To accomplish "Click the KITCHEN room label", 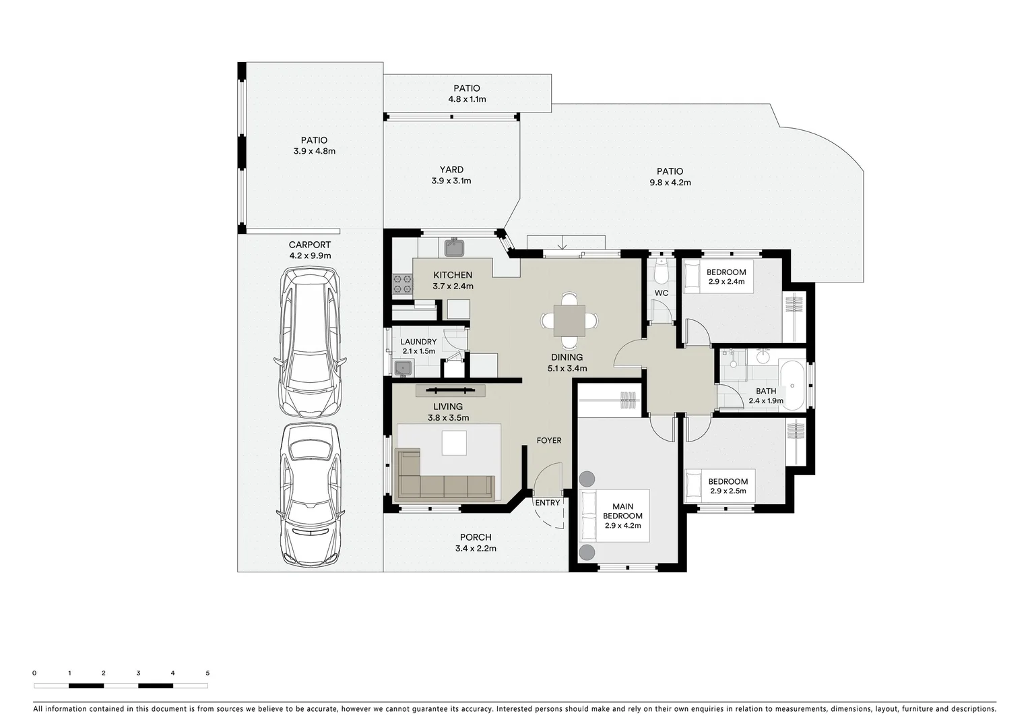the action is point(453,275).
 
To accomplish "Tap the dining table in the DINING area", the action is point(569,321).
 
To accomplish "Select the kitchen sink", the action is point(454,247).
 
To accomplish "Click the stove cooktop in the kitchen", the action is point(402,284).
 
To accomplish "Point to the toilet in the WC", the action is point(662,272).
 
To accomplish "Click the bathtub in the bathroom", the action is point(792,385).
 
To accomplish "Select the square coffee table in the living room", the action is point(454,443).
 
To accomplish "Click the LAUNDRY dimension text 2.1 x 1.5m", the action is point(418,351).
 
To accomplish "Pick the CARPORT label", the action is point(309,245).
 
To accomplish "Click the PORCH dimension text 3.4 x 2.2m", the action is point(476,549).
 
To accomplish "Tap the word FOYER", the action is point(548,440).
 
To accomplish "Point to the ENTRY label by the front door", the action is point(547,502).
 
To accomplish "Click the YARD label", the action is point(451,170).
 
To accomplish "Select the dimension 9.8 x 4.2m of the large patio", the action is point(670,182).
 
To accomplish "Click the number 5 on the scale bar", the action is point(207,673).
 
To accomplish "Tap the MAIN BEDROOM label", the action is point(622,511).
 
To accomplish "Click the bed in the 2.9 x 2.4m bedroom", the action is point(718,276).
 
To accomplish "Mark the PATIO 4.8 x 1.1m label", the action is point(467,94).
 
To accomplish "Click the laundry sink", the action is point(404,368).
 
